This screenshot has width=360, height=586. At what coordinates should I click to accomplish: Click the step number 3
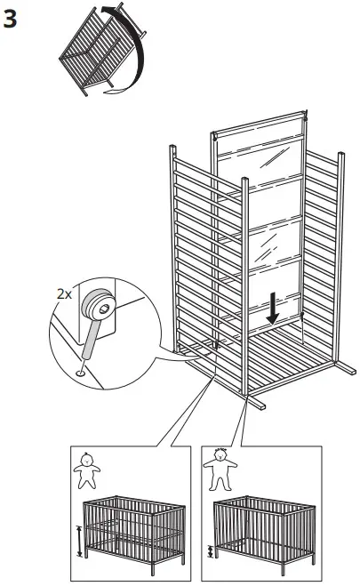[12, 19]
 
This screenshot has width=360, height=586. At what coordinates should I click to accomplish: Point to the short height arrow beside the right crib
[211, 551]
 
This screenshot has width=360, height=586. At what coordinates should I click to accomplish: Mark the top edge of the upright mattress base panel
[260, 116]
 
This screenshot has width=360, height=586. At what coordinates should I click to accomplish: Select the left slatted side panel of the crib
[191, 258]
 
